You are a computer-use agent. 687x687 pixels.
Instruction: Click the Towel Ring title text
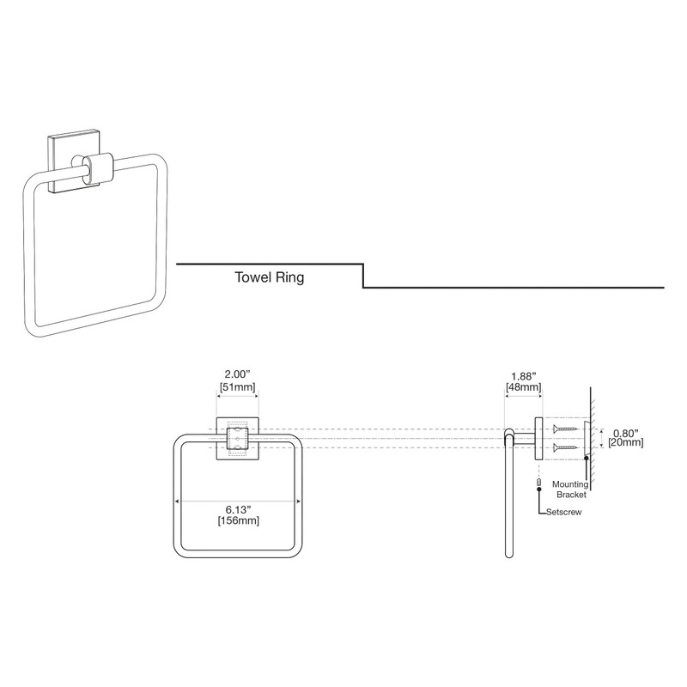pyautogui.click(x=269, y=277)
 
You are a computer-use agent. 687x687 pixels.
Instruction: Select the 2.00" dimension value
pyautogui.click(x=237, y=374)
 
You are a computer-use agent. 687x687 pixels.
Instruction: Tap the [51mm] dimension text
pyautogui.click(x=237, y=387)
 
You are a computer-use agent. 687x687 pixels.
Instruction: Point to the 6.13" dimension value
pyautogui.click(x=239, y=509)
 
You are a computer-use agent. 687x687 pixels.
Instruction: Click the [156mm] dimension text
pyautogui.click(x=239, y=521)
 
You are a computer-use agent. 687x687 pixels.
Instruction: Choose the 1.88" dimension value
pyautogui.click(x=524, y=376)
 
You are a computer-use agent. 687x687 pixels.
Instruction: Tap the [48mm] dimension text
pyautogui.click(x=524, y=387)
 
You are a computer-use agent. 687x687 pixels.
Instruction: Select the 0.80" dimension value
pyautogui.click(x=625, y=434)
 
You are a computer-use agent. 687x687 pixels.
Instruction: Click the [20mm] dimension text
pyautogui.click(x=626, y=442)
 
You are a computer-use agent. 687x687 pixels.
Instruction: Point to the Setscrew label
pyautogui.click(x=564, y=512)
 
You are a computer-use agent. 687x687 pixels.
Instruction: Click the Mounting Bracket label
pyautogui.click(x=570, y=489)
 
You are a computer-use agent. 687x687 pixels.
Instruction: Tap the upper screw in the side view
pyautogui.click(x=566, y=429)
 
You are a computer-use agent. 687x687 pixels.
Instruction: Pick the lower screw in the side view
pyautogui.click(x=566, y=447)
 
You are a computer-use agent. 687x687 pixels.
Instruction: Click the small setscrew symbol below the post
pyautogui.click(x=539, y=483)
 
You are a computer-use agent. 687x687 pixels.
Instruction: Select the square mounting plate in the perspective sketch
pyautogui.click(x=73, y=161)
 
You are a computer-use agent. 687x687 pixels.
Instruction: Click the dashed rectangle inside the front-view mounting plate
pyautogui.click(x=238, y=440)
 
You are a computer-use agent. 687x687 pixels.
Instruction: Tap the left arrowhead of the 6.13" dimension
pyautogui.click(x=177, y=502)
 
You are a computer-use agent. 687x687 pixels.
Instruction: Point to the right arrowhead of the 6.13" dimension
pyautogui.click(x=299, y=502)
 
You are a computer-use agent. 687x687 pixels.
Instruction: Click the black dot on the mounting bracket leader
pyautogui.click(x=587, y=459)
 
